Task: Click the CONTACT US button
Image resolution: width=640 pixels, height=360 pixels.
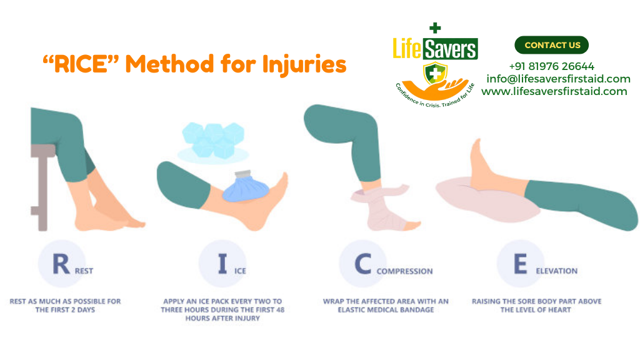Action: click(551, 45)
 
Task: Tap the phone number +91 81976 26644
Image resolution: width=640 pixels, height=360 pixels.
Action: click(551, 66)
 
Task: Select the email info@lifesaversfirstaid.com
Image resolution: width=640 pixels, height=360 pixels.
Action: click(558, 79)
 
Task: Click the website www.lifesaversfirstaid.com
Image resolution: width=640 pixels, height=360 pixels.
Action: click(554, 91)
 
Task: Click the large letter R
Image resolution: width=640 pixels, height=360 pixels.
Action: click(61, 264)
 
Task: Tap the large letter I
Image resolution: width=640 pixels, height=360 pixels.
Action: click(222, 264)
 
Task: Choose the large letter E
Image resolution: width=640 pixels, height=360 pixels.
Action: click(520, 264)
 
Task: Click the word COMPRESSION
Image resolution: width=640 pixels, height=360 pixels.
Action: click(404, 271)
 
